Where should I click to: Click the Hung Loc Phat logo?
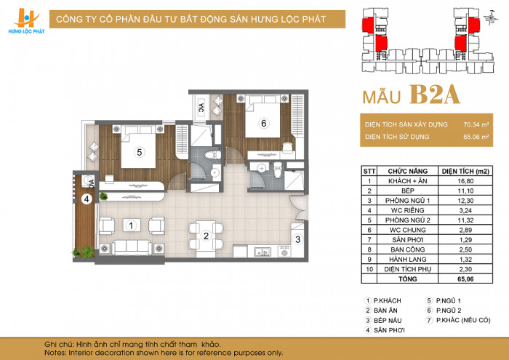coord(26,21)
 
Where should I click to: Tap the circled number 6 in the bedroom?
coord(263,124)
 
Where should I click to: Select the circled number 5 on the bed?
coord(140,152)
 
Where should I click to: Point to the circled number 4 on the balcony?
coord(87,199)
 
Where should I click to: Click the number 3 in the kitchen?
coord(297,239)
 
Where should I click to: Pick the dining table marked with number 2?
coord(206,236)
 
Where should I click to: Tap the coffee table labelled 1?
coord(132,225)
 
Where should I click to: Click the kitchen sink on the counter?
coord(262,252)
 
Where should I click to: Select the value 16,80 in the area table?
coord(465,181)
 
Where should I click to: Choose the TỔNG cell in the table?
coord(407,279)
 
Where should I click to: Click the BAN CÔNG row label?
coord(407,249)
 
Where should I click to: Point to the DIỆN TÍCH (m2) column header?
coord(465,172)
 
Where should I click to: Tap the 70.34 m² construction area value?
coord(476,124)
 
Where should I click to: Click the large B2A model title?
coord(435,95)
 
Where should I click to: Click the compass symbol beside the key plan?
coord(490,18)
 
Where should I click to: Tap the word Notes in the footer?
coord(55,353)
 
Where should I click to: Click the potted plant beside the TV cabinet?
coord(103,196)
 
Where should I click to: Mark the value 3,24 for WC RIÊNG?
coord(465,210)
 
